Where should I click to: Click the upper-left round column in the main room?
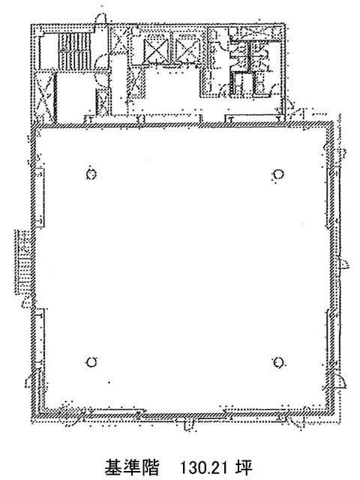pyautogui.click(x=91, y=174)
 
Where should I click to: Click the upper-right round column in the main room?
pyautogui.click(x=278, y=174)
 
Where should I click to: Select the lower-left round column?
pyautogui.click(x=91, y=362)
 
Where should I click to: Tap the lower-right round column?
pyautogui.click(x=278, y=362)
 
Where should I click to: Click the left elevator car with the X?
pyautogui.click(x=157, y=50)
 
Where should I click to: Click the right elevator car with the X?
pyautogui.click(x=187, y=50)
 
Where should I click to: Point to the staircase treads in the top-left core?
pyautogui.click(x=75, y=51)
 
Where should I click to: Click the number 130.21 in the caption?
pyautogui.click(x=203, y=466)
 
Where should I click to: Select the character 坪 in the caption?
pyautogui.click(x=244, y=466)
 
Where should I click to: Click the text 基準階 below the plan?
pyautogui.click(x=132, y=466)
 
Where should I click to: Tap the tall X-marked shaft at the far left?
pyautogui.click(x=43, y=97)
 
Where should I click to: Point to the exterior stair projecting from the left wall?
pyautogui.click(x=23, y=262)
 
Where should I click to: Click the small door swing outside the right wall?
pyautogui.click(x=343, y=263)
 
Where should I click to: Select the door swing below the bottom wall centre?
pyautogui.click(x=189, y=425)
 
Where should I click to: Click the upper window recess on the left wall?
pyautogui.click(x=40, y=198)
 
